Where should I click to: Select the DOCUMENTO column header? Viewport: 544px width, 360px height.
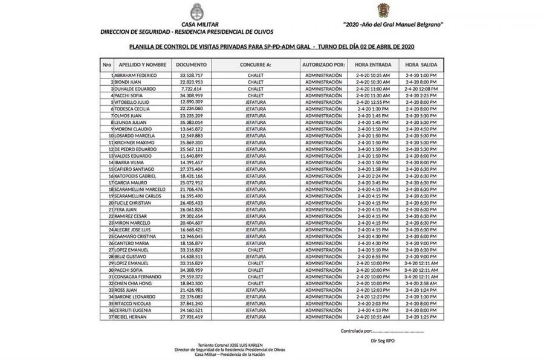coord(192,64)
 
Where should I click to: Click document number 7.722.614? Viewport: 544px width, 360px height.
coord(191,88)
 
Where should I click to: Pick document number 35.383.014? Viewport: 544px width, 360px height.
coord(191,122)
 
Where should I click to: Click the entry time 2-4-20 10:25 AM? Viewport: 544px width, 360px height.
coord(373,75)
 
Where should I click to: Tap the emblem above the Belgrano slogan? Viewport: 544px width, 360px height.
coord(383,10)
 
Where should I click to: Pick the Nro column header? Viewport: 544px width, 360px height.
coord(107,64)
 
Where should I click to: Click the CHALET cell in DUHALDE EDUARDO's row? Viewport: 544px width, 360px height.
coord(255,88)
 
